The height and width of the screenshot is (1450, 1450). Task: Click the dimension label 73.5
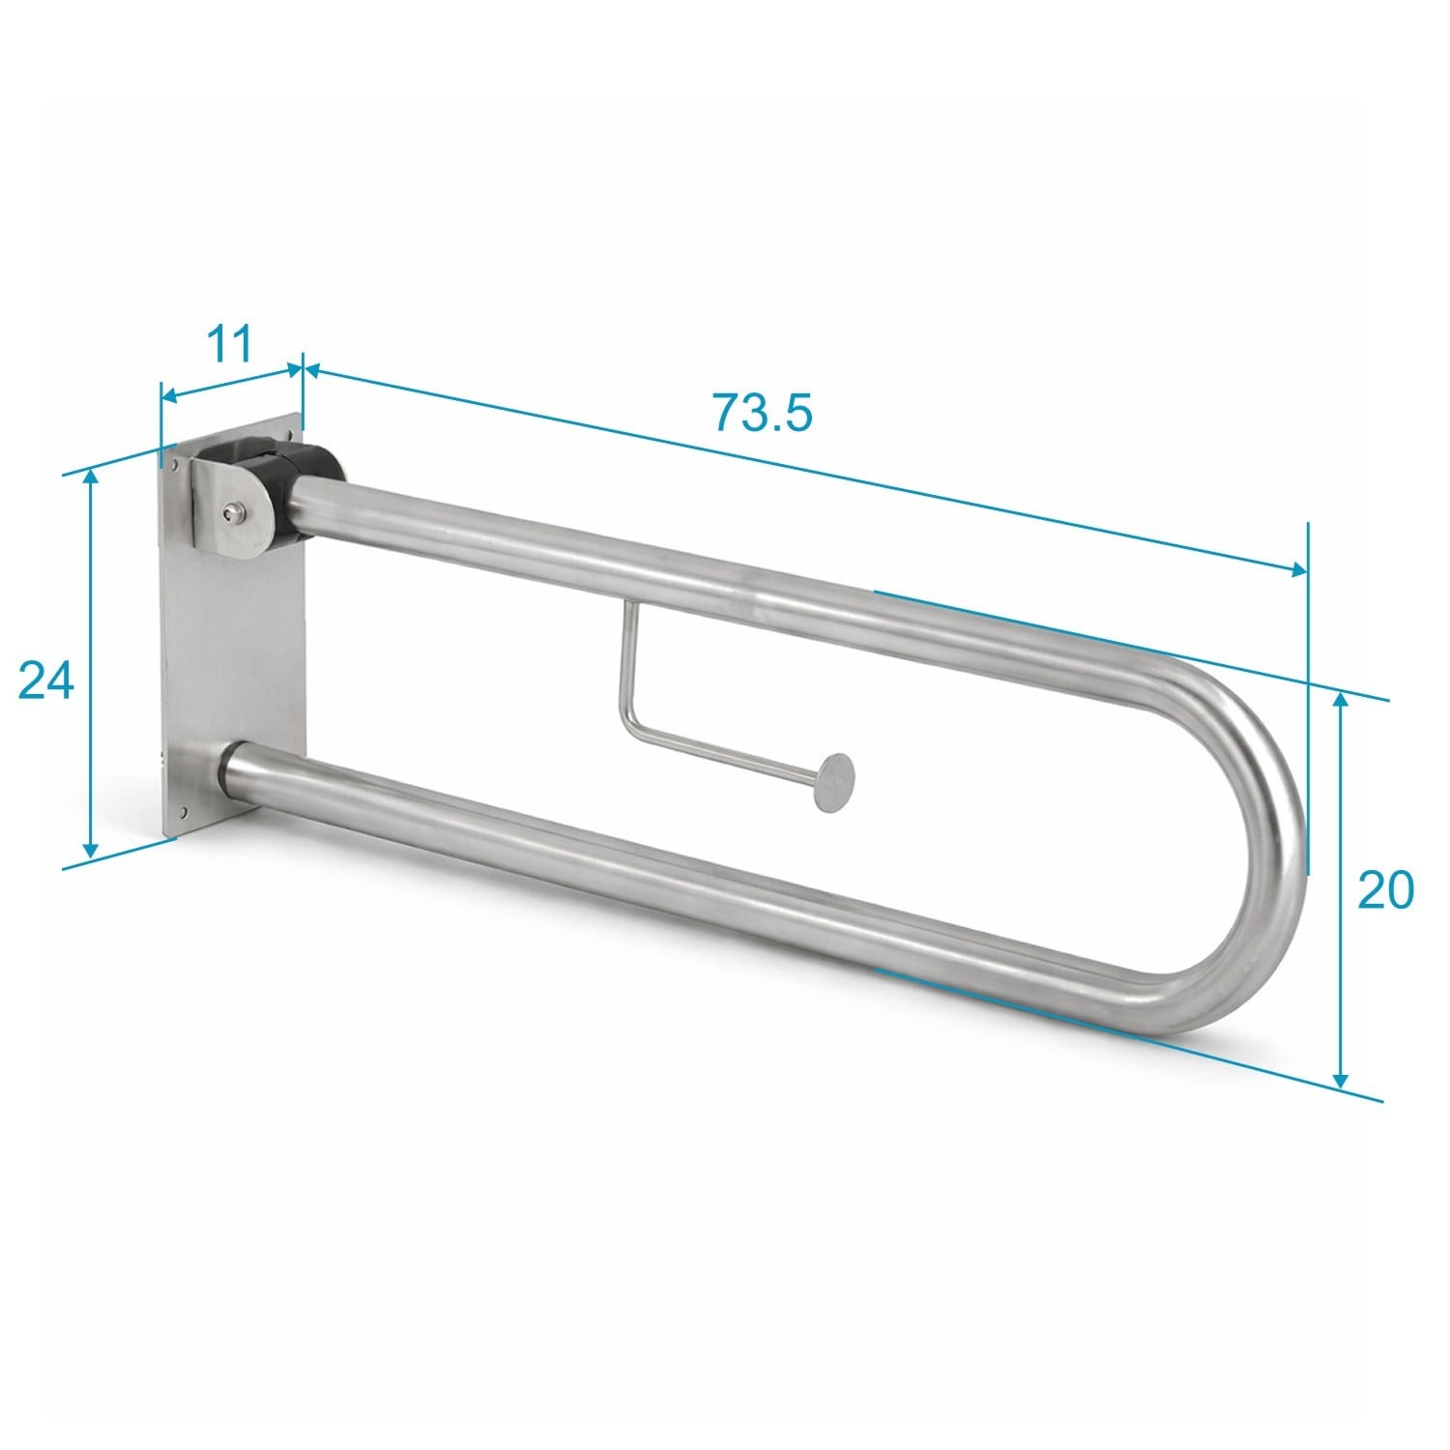763,412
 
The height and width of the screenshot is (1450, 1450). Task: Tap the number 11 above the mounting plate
231,343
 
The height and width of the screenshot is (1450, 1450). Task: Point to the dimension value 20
1384,890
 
